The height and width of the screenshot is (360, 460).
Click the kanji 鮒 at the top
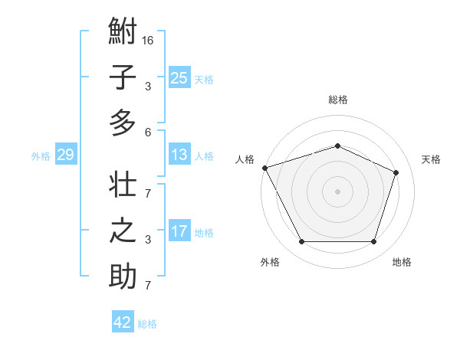click(x=123, y=33)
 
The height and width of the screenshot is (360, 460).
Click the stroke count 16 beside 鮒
click(x=148, y=40)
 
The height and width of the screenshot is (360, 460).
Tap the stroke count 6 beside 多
click(x=147, y=132)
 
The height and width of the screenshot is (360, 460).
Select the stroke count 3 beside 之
click(x=147, y=240)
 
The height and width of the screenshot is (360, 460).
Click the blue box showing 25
click(x=179, y=77)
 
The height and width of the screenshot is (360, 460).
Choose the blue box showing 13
click(x=179, y=155)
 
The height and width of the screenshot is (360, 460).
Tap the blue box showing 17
click(x=179, y=231)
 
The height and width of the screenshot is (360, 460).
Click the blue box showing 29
click(x=65, y=155)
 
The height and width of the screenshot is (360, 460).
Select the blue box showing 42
click(x=123, y=322)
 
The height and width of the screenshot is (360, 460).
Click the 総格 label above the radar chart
click(x=337, y=100)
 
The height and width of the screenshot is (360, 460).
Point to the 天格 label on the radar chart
click(x=431, y=159)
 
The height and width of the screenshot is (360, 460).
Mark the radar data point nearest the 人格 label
click(x=264, y=168)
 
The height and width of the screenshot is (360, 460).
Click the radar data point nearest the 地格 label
click(x=374, y=242)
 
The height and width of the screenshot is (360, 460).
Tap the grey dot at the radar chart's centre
click(x=337, y=191)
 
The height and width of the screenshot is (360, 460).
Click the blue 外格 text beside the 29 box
click(x=41, y=156)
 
